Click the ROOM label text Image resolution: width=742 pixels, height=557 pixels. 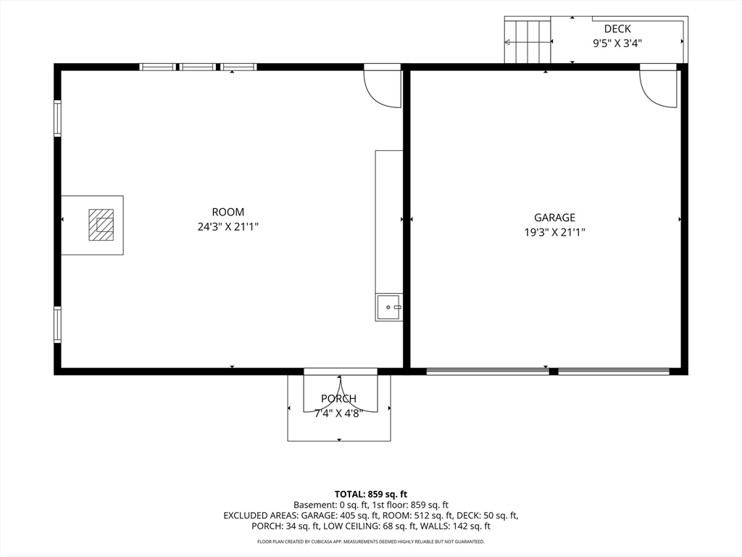(x=228, y=213)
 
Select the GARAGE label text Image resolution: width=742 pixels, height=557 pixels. (x=554, y=218)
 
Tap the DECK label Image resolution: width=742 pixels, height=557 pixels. (x=617, y=29)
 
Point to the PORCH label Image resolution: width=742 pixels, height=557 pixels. (x=339, y=399)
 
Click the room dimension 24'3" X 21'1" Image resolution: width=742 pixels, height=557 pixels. (x=228, y=227)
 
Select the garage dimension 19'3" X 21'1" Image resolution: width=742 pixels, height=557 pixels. (x=554, y=233)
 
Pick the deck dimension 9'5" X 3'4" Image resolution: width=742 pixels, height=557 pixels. (x=617, y=44)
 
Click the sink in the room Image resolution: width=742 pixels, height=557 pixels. (x=389, y=308)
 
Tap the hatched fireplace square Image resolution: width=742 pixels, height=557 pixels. (x=101, y=225)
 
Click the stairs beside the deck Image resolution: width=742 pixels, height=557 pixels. (x=528, y=41)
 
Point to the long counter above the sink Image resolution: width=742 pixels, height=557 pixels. (x=389, y=222)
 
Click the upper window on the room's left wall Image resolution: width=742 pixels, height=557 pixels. (x=57, y=118)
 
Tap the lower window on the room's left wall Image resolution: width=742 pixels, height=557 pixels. (x=57, y=324)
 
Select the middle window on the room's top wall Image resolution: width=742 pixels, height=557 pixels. (x=198, y=67)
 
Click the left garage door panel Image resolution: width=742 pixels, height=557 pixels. (x=488, y=371)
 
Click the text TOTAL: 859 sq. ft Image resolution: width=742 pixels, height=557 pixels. (x=371, y=495)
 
